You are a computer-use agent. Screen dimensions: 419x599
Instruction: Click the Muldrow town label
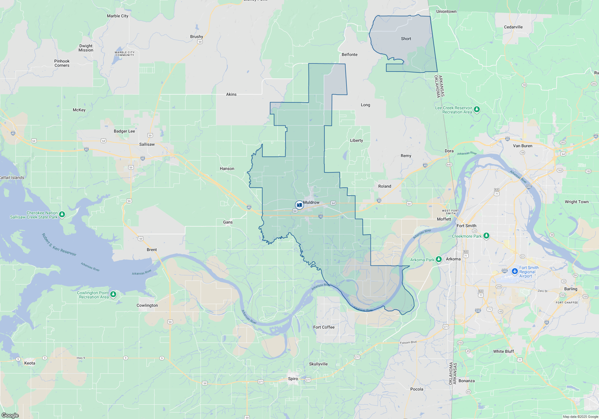point(311,203)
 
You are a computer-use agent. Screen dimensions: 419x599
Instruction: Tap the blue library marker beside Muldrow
point(299,205)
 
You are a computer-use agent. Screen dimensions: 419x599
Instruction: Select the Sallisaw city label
point(147,144)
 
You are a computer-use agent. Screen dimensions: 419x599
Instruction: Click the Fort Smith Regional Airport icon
point(515,271)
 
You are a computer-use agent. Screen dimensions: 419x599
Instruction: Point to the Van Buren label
point(523,146)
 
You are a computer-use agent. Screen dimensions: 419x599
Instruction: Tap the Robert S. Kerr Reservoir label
point(59,245)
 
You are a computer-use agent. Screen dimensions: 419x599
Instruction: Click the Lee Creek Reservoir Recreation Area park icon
point(477,110)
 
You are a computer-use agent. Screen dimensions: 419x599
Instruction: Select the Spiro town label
point(293,379)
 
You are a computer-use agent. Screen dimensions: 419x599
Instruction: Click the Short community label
point(406,39)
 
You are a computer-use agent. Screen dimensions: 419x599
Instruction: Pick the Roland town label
point(385,186)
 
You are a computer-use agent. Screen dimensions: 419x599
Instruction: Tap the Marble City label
point(117,16)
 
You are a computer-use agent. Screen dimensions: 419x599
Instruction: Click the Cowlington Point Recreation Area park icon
point(113,294)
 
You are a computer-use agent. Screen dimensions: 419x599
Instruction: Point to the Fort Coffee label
point(324,327)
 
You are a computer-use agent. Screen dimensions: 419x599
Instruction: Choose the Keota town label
point(30,363)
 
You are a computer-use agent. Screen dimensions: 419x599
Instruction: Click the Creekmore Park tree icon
point(486,236)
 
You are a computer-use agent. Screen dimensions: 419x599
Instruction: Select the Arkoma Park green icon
point(439,259)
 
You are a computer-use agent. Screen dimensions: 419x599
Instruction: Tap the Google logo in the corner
point(10,415)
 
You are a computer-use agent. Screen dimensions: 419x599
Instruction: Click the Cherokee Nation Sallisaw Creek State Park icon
point(62,214)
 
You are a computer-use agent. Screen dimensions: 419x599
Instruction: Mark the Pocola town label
point(417,389)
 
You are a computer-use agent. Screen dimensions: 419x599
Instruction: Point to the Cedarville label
point(513,27)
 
